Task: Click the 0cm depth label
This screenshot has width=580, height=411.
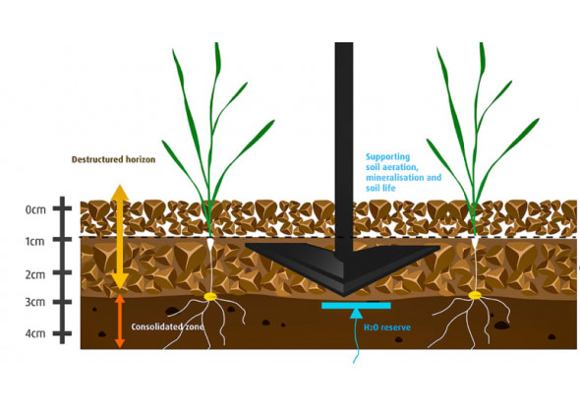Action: click(x=35, y=209)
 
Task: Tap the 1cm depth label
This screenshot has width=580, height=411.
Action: click(x=34, y=242)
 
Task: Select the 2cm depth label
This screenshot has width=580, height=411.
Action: click(x=35, y=275)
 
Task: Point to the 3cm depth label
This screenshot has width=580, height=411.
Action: click(x=35, y=302)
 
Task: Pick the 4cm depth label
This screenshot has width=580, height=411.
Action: click(x=35, y=333)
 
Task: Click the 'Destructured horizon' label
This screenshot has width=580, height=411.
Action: click(x=113, y=159)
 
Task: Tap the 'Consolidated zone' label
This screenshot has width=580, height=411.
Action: click(x=167, y=327)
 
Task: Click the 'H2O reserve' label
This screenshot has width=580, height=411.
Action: click(x=387, y=327)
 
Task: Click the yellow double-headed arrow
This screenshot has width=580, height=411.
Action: click(x=120, y=237)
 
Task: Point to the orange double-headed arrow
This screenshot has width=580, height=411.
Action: click(x=120, y=322)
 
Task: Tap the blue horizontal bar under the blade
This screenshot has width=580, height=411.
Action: click(x=356, y=306)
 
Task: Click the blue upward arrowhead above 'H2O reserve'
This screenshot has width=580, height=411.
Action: click(x=356, y=314)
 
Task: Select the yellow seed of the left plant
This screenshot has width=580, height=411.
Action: click(x=210, y=296)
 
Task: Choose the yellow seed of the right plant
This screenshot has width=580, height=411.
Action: click(x=475, y=295)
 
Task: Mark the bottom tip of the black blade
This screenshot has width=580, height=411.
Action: click(x=344, y=297)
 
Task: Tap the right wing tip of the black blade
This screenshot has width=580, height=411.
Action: click(x=439, y=247)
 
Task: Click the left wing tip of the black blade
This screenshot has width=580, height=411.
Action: click(x=246, y=245)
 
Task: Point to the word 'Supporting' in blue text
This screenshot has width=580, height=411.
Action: click(x=387, y=157)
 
